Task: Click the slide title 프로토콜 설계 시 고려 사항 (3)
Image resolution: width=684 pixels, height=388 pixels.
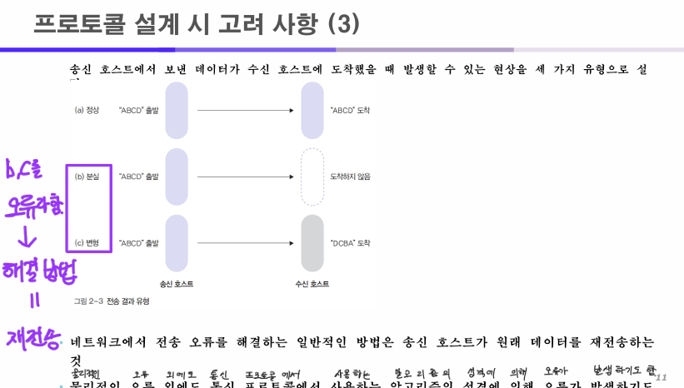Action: (197, 24)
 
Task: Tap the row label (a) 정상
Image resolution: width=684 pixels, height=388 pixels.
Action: (87, 110)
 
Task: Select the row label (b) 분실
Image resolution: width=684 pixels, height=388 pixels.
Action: (87, 177)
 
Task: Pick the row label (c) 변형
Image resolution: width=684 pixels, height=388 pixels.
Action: (87, 243)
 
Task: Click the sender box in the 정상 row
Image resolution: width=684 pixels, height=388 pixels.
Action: (177, 110)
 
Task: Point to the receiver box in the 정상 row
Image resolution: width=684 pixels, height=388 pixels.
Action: (311, 110)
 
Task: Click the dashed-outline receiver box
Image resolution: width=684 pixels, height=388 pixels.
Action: (311, 177)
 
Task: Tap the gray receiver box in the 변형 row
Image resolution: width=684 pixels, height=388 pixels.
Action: (311, 243)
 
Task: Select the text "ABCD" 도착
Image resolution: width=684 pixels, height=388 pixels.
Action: (350, 110)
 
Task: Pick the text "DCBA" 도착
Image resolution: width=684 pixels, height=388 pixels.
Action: (350, 243)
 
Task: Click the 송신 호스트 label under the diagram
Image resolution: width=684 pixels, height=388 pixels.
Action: (177, 284)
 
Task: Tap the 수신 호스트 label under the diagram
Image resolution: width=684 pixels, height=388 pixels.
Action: (312, 284)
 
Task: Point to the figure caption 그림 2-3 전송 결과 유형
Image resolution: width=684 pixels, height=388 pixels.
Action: (112, 301)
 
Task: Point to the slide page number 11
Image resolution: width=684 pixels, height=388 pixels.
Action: (662, 377)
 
